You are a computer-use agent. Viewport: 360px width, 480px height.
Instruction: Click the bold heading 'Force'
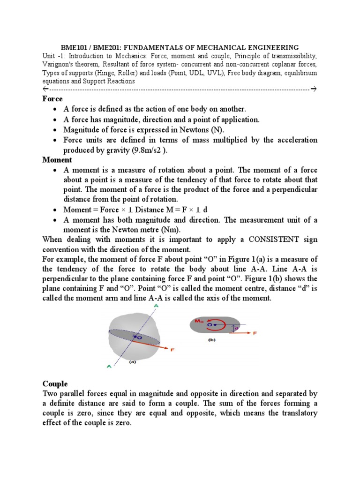tap(52, 99)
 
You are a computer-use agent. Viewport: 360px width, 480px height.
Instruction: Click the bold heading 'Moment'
tap(58, 160)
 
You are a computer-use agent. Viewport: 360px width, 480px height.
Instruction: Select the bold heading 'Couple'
tap(55, 383)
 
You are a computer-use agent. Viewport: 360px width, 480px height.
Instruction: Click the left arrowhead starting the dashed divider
tap(45, 89)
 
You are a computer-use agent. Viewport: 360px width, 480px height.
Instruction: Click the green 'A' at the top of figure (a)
tap(155, 306)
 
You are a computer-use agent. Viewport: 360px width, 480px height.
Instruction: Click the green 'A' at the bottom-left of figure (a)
tap(109, 367)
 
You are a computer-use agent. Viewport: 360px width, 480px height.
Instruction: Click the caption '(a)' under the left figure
tap(133, 362)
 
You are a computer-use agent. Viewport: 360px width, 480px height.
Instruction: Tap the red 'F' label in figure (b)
tap(255, 333)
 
